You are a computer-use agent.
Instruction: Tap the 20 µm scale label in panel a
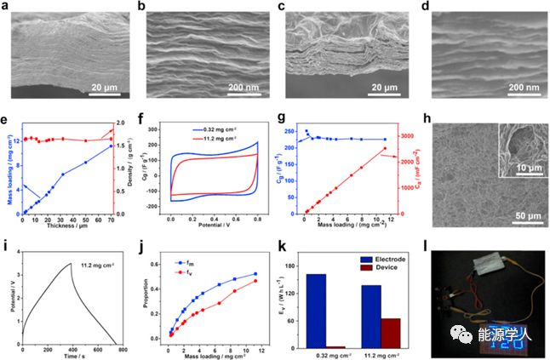[x=110, y=86]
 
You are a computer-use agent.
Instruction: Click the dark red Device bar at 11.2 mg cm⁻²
[x=389, y=333]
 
